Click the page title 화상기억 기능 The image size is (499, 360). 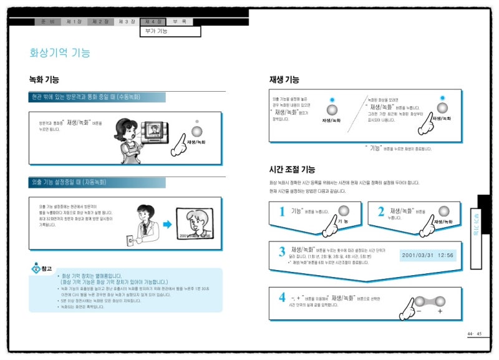click(60, 53)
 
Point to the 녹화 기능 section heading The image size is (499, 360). click(44, 80)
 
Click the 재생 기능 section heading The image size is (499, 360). click(284, 80)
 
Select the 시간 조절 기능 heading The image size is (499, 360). click(292, 169)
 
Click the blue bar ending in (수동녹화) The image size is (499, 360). click(97, 97)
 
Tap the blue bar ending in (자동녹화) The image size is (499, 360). click(97, 183)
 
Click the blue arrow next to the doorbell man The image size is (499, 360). click(167, 225)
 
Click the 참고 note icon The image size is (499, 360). click(40, 268)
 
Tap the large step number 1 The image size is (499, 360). click(282, 212)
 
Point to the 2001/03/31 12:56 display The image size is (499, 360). click(428, 255)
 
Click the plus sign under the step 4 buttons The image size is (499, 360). click(440, 311)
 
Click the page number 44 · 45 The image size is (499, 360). click(474, 334)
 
